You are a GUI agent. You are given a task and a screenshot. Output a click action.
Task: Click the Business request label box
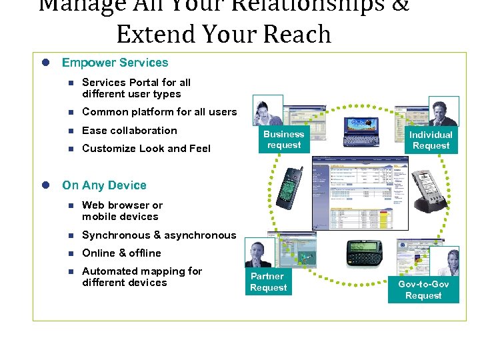(284, 140)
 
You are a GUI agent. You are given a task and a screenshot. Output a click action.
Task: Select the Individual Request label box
(431, 140)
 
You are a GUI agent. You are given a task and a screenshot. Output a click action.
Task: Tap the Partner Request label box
(268, 282)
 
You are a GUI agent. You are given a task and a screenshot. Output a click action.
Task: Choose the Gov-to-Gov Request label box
(423, 290)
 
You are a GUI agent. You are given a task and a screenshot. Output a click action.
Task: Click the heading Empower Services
(115, 63)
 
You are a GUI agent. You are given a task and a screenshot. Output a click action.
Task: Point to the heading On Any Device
(104, 185)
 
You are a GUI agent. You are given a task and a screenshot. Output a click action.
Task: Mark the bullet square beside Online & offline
(68, 253)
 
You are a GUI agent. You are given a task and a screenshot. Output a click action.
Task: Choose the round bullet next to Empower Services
(47, 63)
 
